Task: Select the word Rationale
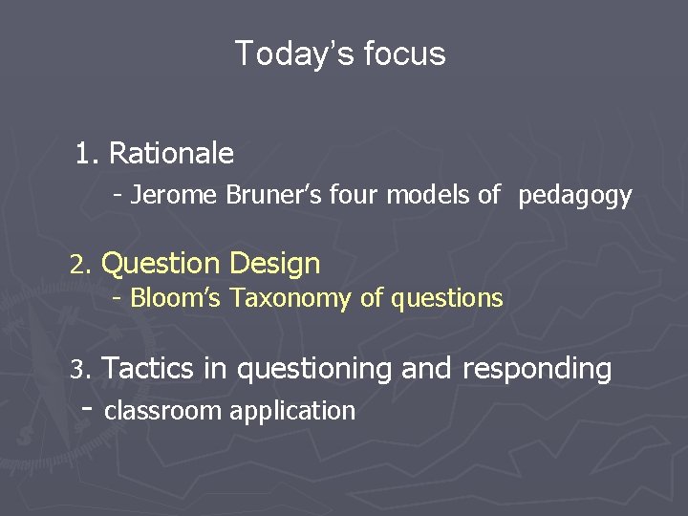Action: pos(171,153)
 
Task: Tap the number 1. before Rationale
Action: pos(88,153)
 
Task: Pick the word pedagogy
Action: pos(575,197)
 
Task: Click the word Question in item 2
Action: pos(161,264)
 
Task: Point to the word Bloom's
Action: pos(177,298)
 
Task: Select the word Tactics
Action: pos(148,368)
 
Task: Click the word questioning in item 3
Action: pos(314,369)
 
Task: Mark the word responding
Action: pos(537,369)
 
